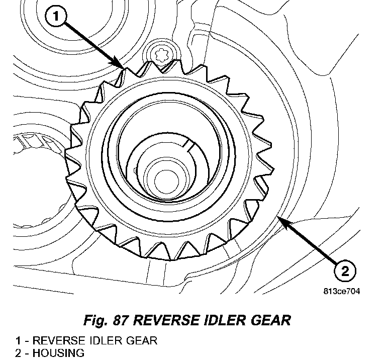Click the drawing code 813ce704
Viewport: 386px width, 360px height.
342,291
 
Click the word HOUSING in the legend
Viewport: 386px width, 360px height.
58,353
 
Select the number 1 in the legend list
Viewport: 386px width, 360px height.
18,340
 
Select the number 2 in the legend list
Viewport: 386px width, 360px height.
18,353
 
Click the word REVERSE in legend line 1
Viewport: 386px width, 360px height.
57,340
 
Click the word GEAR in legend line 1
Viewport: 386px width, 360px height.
141,340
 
